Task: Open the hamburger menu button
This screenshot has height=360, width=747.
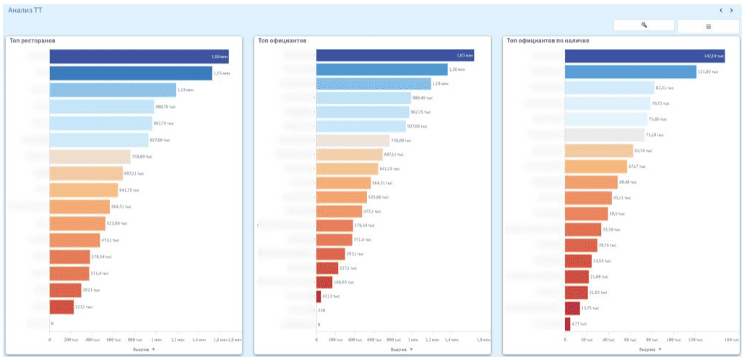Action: [708, 26]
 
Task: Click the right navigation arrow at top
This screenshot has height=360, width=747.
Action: [731, 10]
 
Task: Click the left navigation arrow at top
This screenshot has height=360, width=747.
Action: [720, 10]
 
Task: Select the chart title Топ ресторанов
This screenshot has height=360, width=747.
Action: [33, 40]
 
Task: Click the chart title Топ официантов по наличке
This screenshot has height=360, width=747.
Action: [548, 40]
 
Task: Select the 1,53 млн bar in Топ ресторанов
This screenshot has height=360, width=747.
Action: [131, 73]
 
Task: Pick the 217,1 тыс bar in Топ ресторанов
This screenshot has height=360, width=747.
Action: [62, 307]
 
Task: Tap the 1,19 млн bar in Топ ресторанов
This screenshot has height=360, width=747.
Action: [113, 90]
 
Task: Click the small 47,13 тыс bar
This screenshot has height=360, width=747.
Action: [319, 296]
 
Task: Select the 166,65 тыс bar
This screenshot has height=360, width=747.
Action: [324, 282]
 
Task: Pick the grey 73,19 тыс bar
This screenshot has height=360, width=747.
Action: [604, 134]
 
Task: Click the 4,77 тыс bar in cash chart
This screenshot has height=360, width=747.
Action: [568, 324]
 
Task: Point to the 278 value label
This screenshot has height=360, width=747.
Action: [321, 310]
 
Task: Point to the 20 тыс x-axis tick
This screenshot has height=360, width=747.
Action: [587, 339]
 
